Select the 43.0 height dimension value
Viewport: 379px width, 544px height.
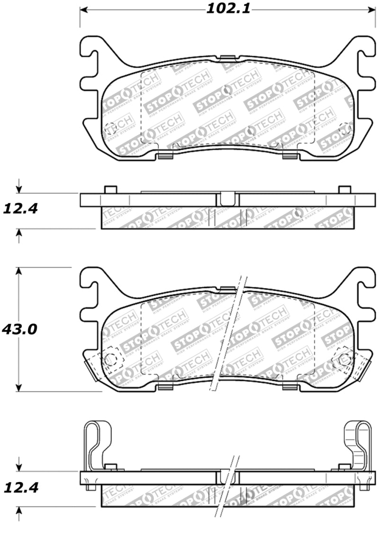[19, 329]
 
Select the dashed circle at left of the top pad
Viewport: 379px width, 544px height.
[110, 128]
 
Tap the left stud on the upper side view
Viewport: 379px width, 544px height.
[110, 189]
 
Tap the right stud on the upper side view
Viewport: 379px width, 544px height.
[344, 189]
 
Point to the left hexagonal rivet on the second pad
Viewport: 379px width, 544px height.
[111, 359]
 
